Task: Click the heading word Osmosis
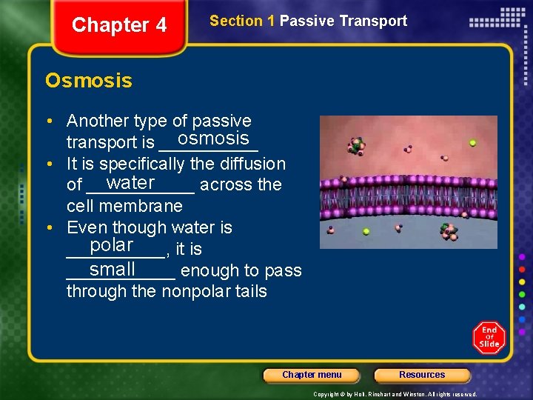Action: click(89, 80)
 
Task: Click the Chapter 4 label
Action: click(119, 25)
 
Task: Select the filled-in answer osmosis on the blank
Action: click(213, 139)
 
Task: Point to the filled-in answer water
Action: click(130, 182)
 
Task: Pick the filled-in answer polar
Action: click(112, 245)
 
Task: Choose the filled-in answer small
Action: click(113, 268)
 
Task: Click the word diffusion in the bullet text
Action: click(249, 164)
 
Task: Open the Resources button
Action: click(422, 375)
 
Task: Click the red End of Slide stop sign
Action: click(489, 338)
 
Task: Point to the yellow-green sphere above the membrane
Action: click(472, 143)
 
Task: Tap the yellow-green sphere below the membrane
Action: click(366, 231)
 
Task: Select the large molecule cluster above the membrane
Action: click(357, 145)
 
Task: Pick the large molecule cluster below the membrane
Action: click(449, 233)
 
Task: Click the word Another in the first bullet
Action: click(95, 121)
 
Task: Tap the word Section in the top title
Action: click(236, 21)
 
